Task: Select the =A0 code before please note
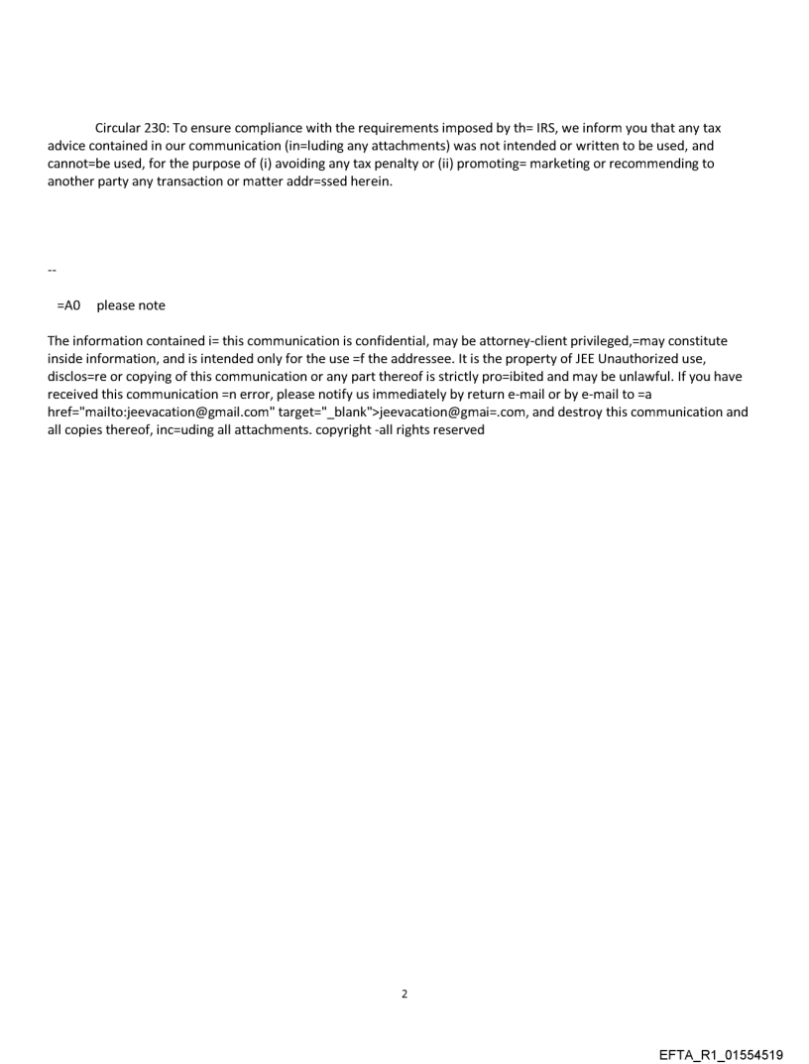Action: click(68, 305)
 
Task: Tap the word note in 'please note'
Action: click(152, 305)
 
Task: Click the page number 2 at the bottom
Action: click(404, 993)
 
